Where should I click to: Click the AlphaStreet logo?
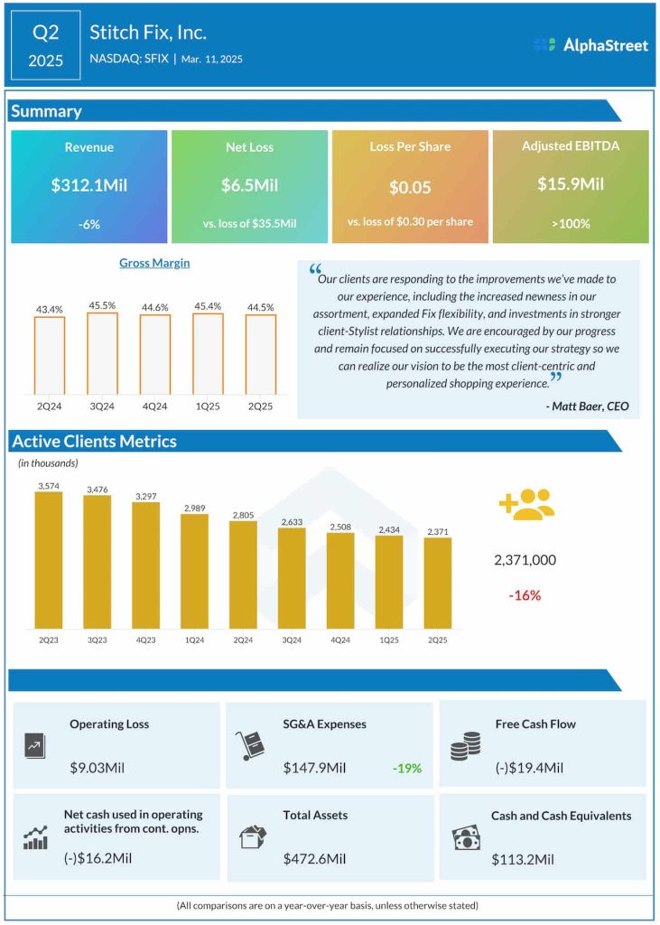pos(587,44)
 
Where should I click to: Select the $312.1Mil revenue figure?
pos(89,185)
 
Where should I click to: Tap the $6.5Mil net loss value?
pos(249,185)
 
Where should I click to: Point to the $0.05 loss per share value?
pos(410,188)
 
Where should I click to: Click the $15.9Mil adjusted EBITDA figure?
pos(571,183)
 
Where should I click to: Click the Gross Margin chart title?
pos(154,263)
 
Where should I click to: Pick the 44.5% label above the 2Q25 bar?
pos(260,307)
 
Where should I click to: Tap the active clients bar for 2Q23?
pos(49,560)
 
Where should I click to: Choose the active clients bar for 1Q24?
pos(194,571)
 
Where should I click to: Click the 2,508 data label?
pos(340,526)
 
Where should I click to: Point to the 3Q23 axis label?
pos(98,640)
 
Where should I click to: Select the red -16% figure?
pos(524,595)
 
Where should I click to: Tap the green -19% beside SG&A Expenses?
pos(406,768)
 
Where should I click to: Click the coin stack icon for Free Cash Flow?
pos(465,746)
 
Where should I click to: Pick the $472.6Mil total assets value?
pos(314,858)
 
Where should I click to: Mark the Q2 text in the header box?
pos(45,33)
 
